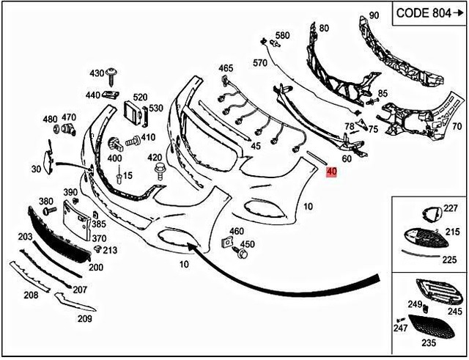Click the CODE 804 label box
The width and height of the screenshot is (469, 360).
point(429,12)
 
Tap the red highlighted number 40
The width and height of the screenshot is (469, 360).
point(331,172)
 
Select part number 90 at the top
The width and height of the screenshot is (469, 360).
point(374,15)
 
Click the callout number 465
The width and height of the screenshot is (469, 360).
point(226,68)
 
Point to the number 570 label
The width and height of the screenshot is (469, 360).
point(260,64)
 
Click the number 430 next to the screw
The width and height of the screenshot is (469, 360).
point(97,73)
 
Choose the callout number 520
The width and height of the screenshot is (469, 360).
point(140,97)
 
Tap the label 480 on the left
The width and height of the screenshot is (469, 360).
point(50,119)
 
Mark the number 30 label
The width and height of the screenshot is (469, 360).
point(36,170)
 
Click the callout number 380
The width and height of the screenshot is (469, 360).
point(45,201)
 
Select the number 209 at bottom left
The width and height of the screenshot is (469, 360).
point(85,318)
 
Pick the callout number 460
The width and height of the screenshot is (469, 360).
point(236,232)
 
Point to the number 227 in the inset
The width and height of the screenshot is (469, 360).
point(450,209)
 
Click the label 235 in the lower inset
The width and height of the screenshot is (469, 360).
point(428,342)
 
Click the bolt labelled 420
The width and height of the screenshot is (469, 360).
point(158,172)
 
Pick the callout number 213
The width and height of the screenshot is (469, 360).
point(111,250)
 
